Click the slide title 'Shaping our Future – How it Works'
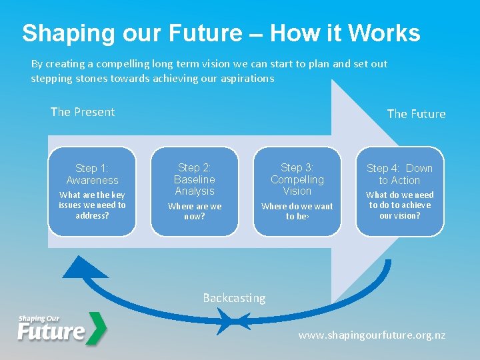[x=221, y=33]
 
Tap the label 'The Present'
[x=83, y=112]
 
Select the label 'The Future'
[x=416, y=114]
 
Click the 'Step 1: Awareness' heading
[x=92, y=174]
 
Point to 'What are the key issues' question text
[x=92, y=205]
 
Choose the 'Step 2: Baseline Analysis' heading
[x=195, y=179]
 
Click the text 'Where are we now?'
[x=195, y=211]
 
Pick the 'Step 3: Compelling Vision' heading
[x=297, y=179]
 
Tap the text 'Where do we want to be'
[x=297, y=211]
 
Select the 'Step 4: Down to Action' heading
[x=400, y=174]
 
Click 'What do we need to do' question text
[x=400, y=205]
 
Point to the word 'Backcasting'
[x=234, y=298]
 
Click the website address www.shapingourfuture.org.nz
[x=372, y=335]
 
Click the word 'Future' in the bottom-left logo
[x=51, y=331]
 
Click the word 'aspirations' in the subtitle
[x=241, y=78]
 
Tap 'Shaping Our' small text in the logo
[x=39, y=319]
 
